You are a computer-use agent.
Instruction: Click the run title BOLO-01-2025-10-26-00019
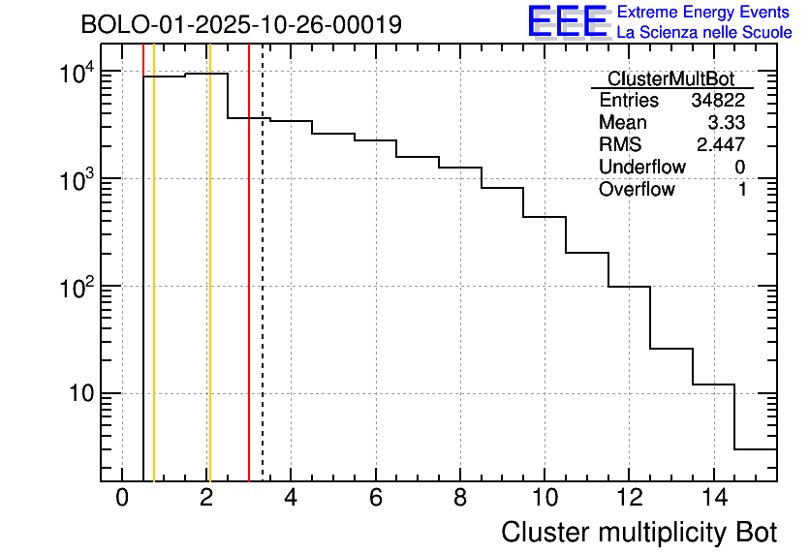coord(241,25)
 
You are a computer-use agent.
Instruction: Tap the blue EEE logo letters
coord(567,21)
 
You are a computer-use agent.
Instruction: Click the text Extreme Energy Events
coord(704,13)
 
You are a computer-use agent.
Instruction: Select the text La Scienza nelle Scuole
coord(704,32)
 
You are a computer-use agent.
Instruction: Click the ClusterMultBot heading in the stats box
coord(670,78)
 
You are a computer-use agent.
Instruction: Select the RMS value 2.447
coord(721,145)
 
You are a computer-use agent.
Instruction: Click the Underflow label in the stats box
coord(641,168)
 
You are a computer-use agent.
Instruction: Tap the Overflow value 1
coord(742,190)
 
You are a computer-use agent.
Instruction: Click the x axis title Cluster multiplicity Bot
coord(639,532)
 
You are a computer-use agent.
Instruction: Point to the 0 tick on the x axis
coord(122,498)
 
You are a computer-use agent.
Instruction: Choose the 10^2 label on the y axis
coord(77,289)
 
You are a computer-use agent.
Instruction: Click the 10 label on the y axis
coord(79,394)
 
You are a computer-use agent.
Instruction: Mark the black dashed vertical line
coord(263,291)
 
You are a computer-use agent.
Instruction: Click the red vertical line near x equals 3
coord(249,291)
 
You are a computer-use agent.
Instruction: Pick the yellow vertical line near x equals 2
coord(208,291)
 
